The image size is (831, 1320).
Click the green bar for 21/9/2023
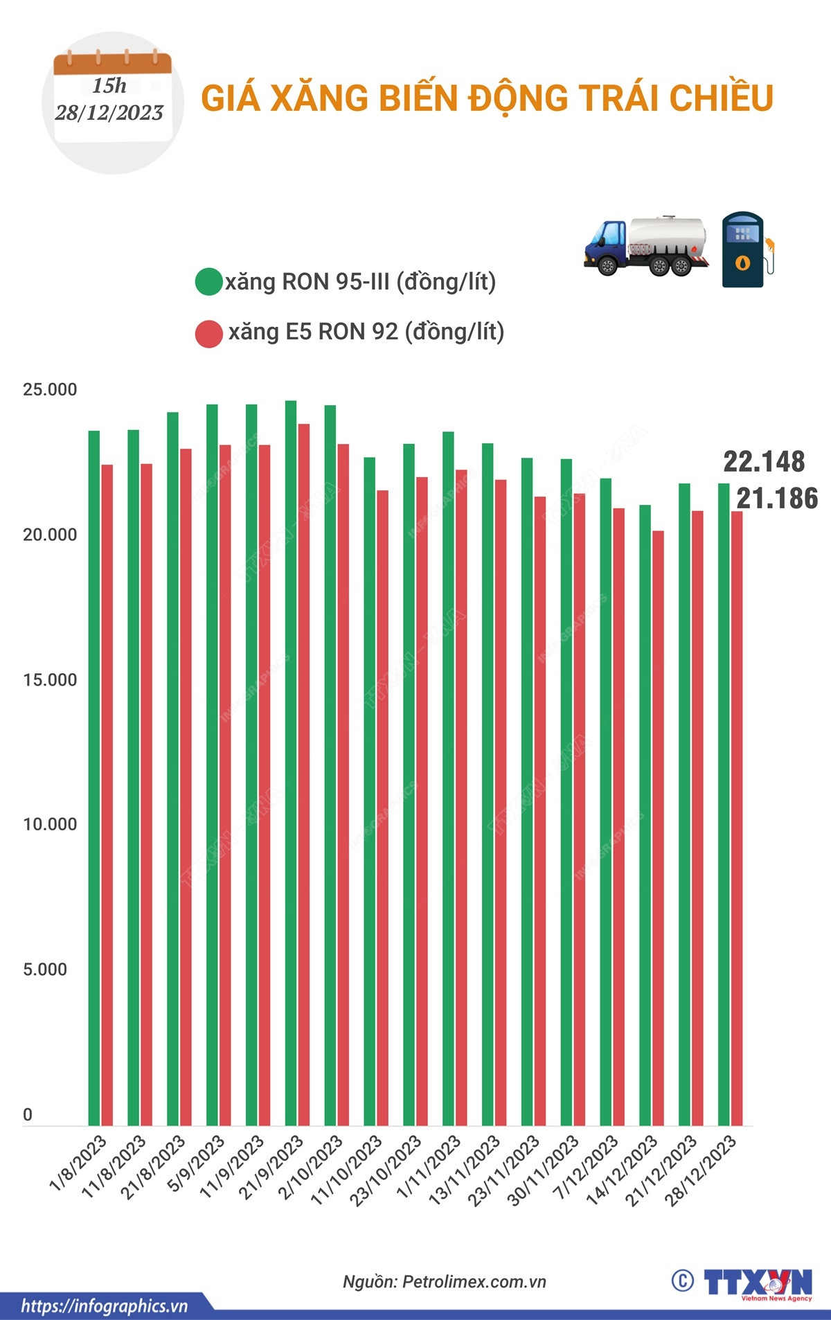click(291, 762)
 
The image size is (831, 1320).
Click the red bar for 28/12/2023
click(736, 818)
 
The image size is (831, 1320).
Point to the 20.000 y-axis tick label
click(50, 535)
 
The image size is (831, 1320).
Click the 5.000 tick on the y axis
click(45, 970)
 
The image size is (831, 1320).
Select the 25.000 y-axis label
click(50, 390)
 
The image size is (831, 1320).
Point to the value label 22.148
click(764, 462)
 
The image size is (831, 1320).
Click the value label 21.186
click(777, 499)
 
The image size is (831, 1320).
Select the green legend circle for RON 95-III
click(208, 282)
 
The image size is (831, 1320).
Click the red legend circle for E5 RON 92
click(208, 333)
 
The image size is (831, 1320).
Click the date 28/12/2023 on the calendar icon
click(109, 113)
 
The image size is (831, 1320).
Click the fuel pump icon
click(745, 249)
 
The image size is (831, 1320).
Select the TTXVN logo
click(757, 1283)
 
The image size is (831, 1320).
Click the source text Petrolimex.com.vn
click(474, 1282)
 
